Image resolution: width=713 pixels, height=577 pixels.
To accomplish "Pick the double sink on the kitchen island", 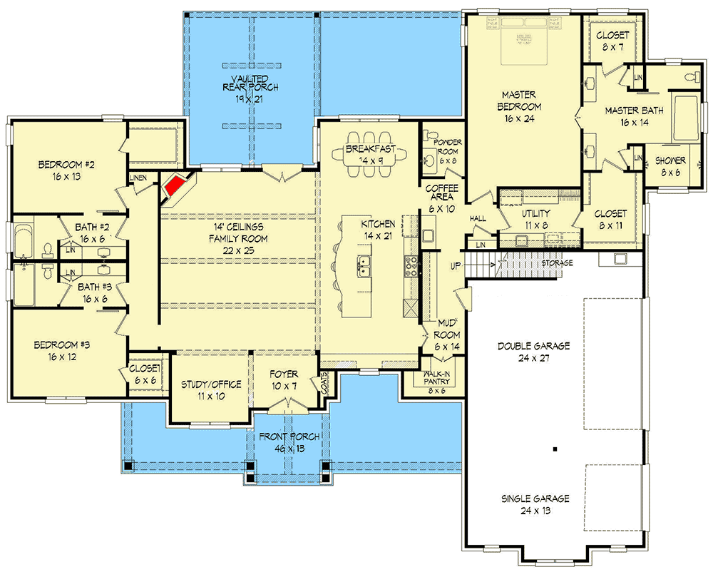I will tap(364, 266).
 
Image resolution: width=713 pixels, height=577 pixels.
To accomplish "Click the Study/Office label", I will tap(210, 384).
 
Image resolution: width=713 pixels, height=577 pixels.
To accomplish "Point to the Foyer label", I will tap(283, 374).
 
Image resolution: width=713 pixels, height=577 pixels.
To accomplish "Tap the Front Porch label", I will tap(289, 436).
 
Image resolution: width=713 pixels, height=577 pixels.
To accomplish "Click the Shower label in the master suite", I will tap(670, 160).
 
